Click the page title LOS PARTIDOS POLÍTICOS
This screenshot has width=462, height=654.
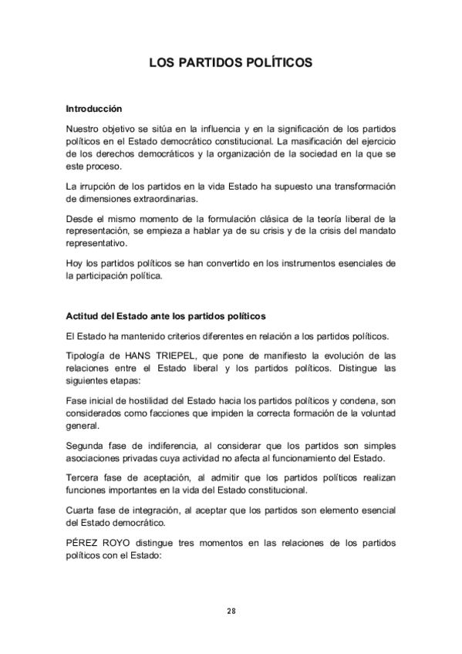click(x=231, y=62)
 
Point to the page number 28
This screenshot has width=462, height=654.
click(x=231, y=611)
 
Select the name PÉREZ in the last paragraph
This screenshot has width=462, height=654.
click(x=83, y=543)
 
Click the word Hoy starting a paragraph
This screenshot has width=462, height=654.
click(x=74, y=263)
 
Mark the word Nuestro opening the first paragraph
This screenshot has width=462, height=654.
click(x=85, y=127)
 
